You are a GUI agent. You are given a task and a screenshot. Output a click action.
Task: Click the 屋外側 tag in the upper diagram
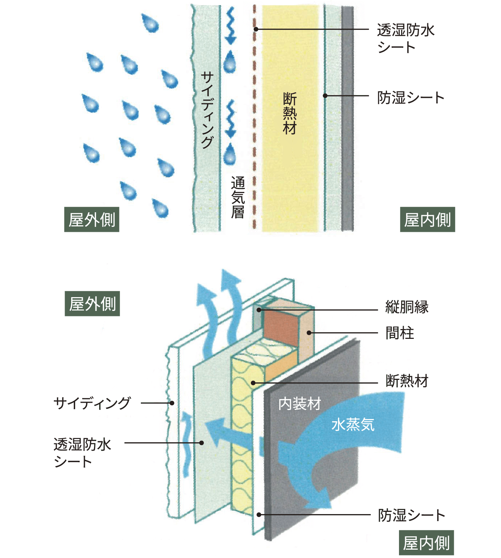92,220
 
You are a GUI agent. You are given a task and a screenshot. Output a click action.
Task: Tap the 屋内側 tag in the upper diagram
427,220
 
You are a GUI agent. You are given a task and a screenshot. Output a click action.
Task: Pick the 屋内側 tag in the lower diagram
426,543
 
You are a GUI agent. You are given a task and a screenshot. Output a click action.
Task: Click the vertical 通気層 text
238,197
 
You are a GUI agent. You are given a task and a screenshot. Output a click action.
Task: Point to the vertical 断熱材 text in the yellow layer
290,114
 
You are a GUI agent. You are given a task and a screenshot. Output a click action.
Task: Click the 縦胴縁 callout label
407,307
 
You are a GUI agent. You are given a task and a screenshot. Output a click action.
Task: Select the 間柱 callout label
399,333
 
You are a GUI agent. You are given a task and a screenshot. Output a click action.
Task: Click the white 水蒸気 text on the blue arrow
353,424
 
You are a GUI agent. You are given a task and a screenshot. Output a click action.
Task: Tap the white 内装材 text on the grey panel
300,404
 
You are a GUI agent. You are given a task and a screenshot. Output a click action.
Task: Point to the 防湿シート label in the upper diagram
411,98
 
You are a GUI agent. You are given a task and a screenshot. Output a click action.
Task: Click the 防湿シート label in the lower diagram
411,515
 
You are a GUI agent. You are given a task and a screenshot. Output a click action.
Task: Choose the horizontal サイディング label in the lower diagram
92,403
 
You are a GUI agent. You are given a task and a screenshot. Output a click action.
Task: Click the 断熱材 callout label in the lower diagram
407,381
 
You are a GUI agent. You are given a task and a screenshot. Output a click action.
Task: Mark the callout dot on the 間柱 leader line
309,333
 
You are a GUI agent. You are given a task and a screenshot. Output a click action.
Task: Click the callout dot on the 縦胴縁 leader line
259,310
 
